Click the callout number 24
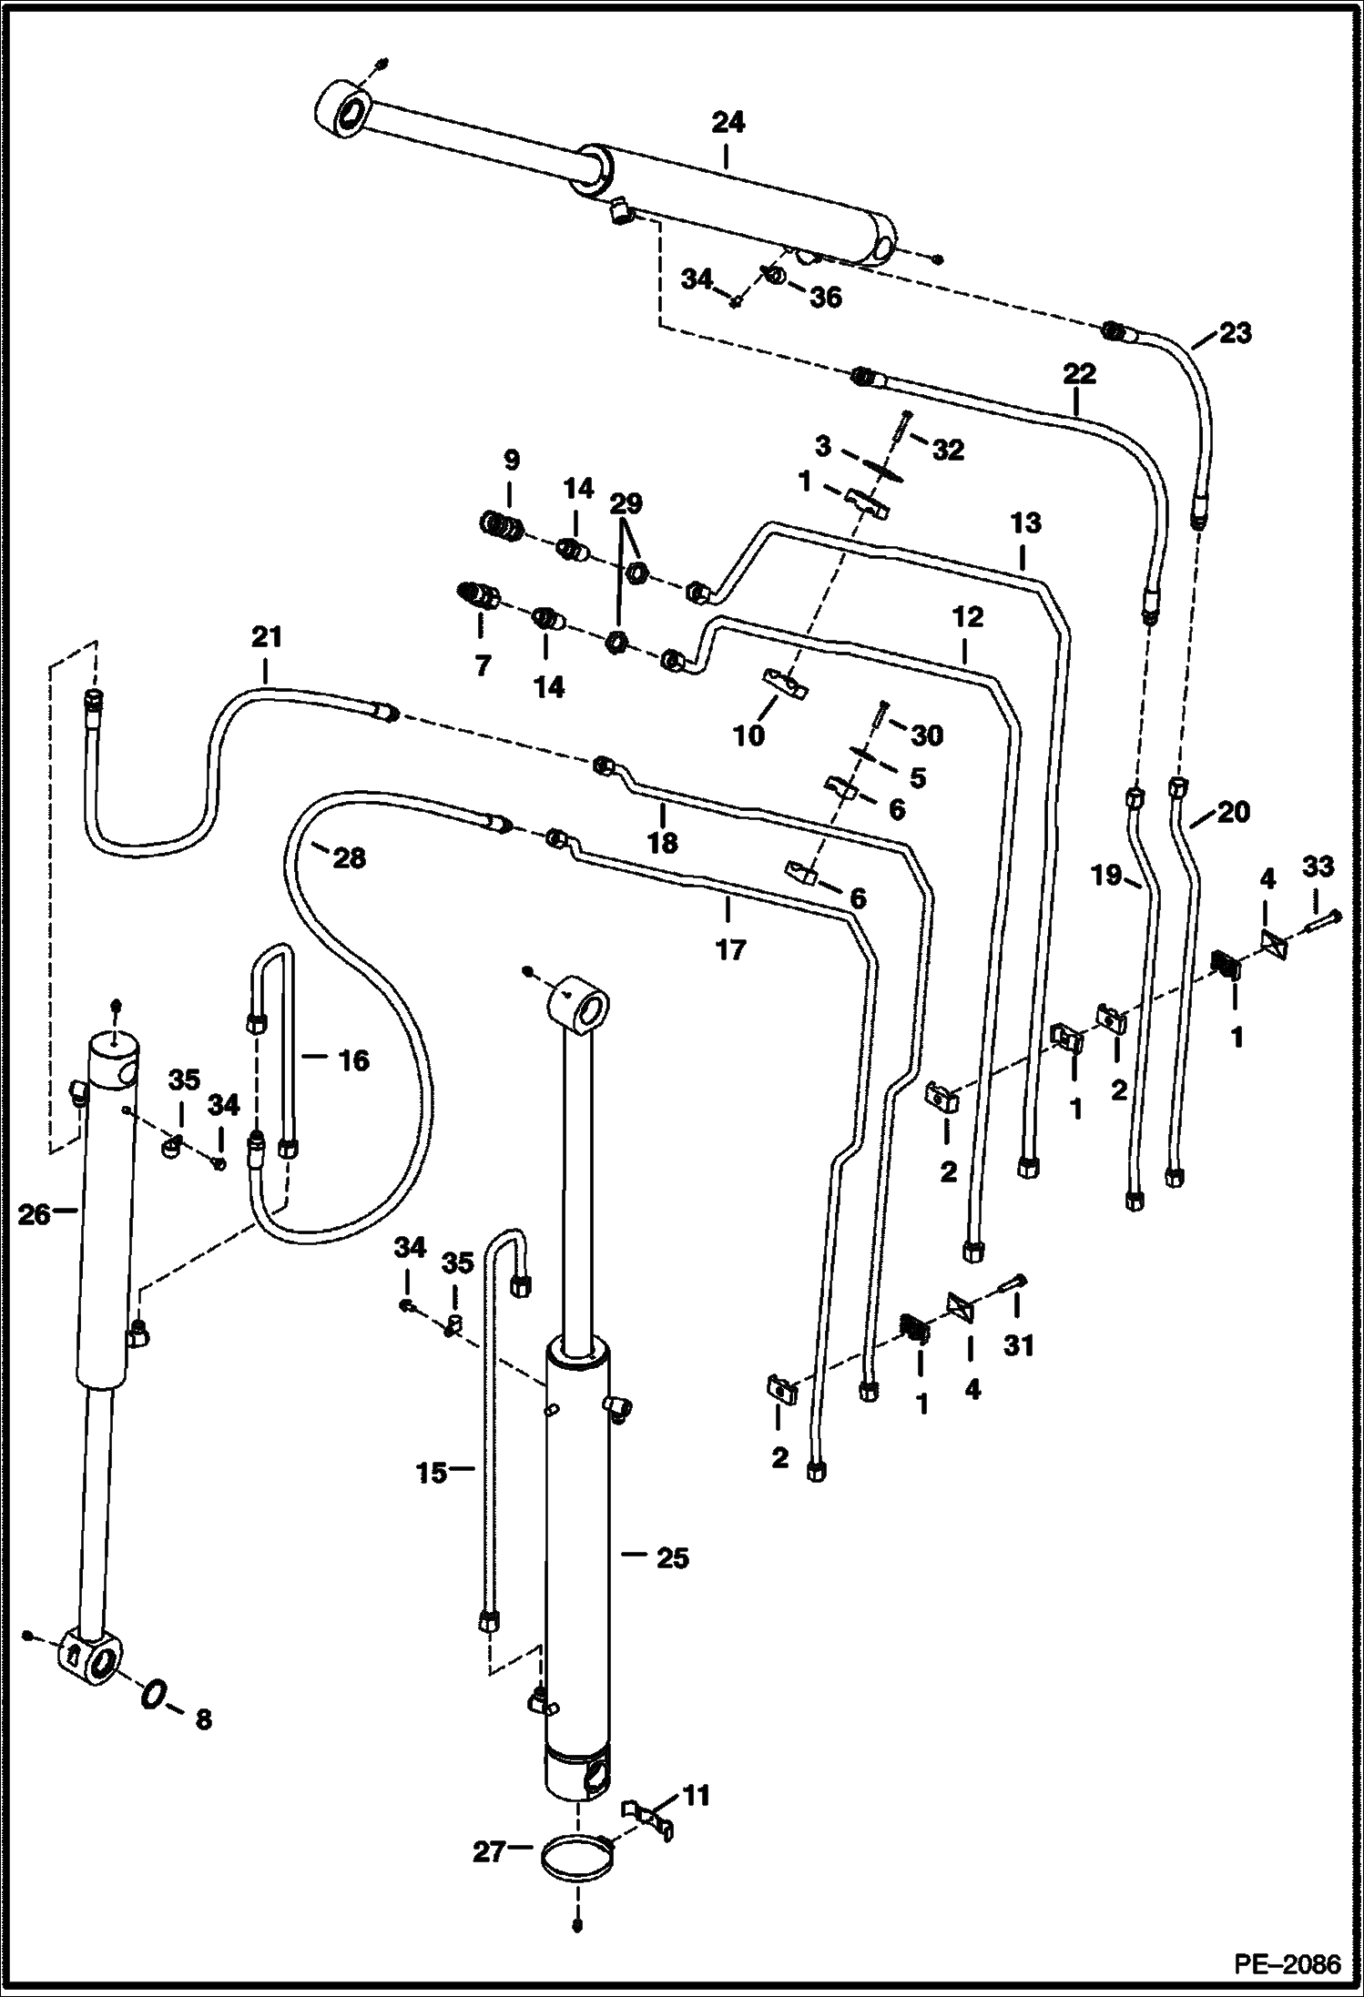[x=728, y=122]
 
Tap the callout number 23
[x=1235, y=332]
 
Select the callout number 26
[x=35, y=1214]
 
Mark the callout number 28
[x=349, y=857]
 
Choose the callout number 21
[x=267, y=636]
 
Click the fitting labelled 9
[x=502, y=525]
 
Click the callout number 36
[x=826, y=297]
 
